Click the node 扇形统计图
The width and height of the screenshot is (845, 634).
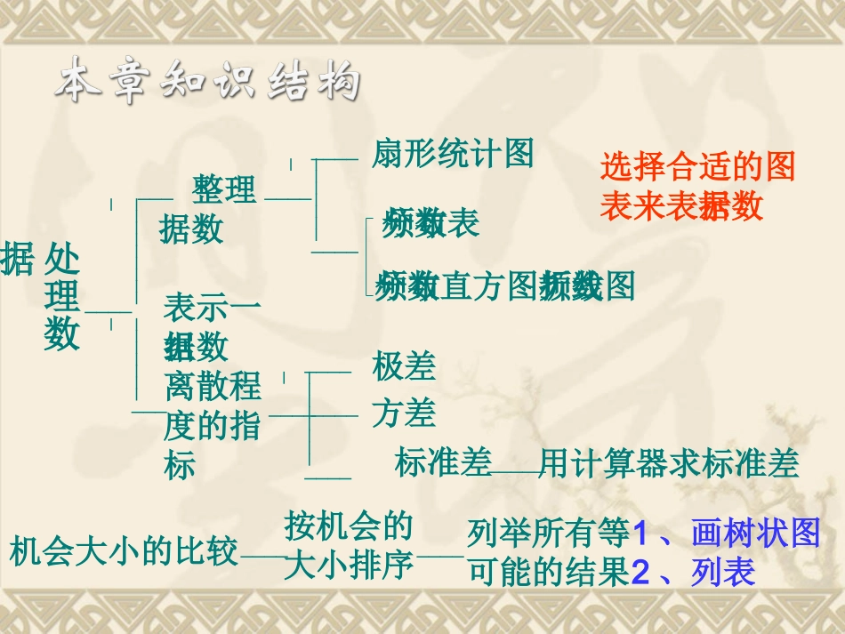coord(453,154)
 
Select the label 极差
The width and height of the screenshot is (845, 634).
coord(404,366)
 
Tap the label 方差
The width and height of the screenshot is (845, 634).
coord(404,413)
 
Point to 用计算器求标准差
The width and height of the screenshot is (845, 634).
coord(669,463)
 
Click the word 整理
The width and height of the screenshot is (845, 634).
coord(224,189)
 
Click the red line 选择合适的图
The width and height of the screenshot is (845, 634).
coord(697,166)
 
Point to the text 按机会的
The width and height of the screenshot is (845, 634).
coord(349,526)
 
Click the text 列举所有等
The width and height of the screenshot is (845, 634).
coord(548,534)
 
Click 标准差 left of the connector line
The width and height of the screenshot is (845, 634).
coord(443,463)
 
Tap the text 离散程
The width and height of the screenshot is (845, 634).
coord(213,386)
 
